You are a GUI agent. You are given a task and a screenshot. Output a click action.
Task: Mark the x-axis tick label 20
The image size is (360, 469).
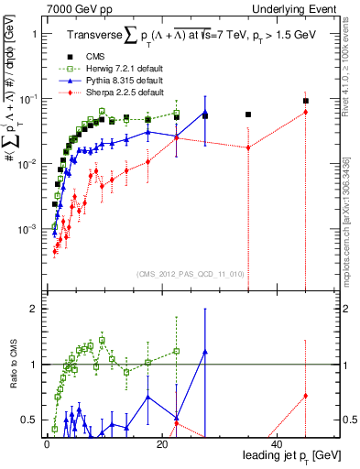161,444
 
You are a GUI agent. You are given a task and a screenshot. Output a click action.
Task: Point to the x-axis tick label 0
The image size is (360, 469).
46,444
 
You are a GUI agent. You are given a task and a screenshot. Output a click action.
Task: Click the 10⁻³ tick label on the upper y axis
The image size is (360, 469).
29,228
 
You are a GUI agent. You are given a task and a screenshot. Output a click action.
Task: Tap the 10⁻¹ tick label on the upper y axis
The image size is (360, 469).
29,98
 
